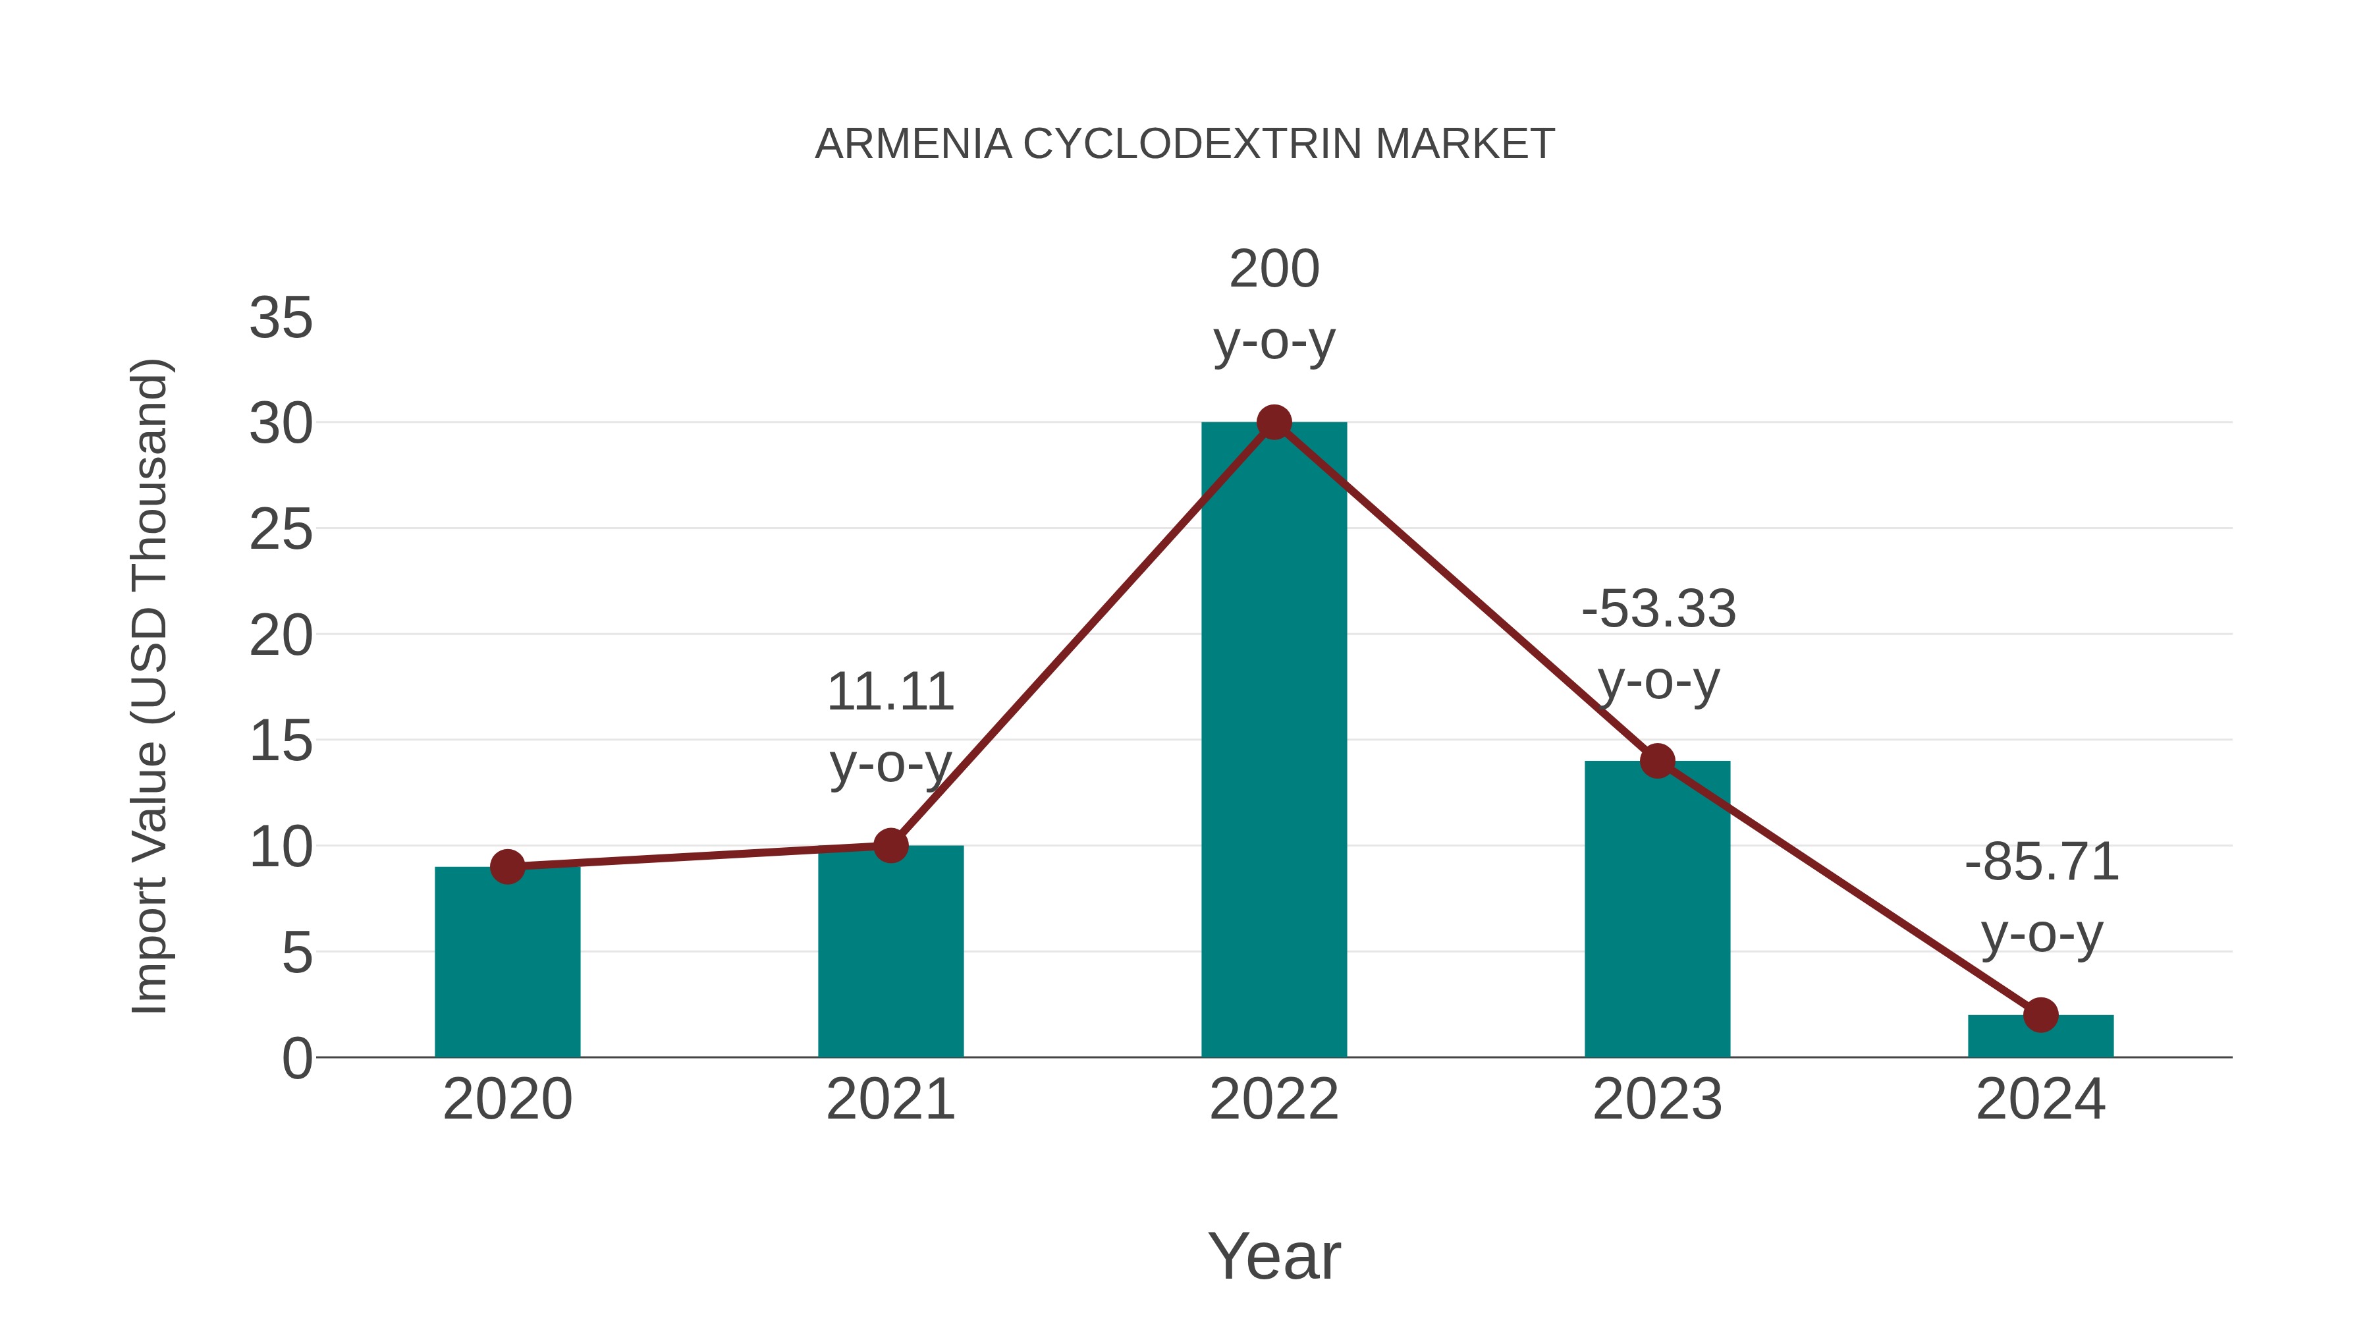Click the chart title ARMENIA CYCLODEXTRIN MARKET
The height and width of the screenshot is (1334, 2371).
click(x=1185, y=144)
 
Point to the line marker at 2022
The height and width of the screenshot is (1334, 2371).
click(x=1274, y=422)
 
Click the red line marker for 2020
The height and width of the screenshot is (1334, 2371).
click(x=507, y=866)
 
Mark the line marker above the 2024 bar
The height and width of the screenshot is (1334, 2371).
click(x=2040, y=1014)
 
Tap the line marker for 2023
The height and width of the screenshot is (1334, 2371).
click(x=1657, y=762)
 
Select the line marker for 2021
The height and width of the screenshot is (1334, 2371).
click(x=890, y=845)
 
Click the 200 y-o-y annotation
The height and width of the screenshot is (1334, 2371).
click(x=1274, y=305)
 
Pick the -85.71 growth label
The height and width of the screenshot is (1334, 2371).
click(x=2042, y=898)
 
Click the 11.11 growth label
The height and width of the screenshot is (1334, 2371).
click(x=890, y=727)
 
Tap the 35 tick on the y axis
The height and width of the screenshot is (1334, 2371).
click(x=281, y=319)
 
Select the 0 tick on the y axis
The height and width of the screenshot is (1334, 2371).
click(x=296, y=1058)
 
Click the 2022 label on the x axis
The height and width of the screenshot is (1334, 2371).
click(x=1274, y=1099)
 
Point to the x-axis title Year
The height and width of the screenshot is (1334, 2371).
click(x=1274, y=1256)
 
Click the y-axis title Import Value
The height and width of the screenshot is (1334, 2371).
click(x=149, y=686)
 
